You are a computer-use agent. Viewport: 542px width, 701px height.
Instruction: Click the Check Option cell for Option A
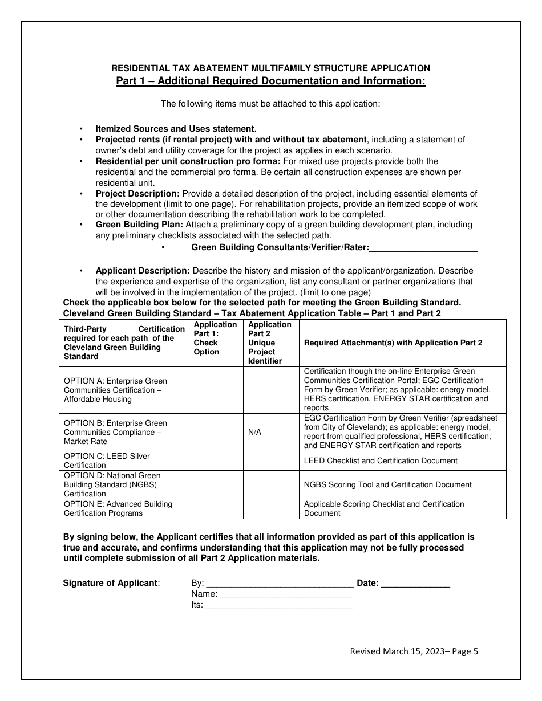pyautogui.click(x=216, y=390)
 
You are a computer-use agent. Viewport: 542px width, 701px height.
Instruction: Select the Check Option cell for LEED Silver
pyautogui.click(x=216, y=460)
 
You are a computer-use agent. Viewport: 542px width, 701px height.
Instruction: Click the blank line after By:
pyautogui.click(x=279, y=584)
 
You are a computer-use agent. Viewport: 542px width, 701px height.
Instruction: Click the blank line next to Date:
pyautogui.click(x=415, y=584)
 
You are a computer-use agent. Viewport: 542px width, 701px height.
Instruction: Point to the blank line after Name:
pyautogui.click(x=286, y=594)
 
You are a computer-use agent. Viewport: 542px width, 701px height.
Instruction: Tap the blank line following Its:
pyautogui.click(x=279, y=606)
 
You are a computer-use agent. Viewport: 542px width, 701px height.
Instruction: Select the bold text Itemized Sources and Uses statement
pyautogui.click(x=176, y=129)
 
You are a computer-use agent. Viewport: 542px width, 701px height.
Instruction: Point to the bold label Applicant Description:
pyautogui.click(x=143, y=271)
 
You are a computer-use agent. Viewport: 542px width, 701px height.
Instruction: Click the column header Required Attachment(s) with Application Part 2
pyautogui.click(x=393, y=343)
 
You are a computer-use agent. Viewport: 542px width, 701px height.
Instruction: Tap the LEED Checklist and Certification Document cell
pyautogui.click(x=381, y=460)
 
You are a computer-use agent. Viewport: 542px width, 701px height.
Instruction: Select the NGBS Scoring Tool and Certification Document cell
pyautogui.click(x=388, y=484)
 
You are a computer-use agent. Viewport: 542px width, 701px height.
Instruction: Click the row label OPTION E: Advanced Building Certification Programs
pyautogui.click(x=118, y=508)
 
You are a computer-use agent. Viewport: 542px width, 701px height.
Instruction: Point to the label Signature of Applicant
pyautogui.click(x=111, y=583)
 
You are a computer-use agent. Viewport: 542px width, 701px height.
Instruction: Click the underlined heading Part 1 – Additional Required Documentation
pyautogui.click(x=270, y=81)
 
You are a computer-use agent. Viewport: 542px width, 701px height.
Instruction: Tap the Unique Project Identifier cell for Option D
pyautogui.click(x=271, y=484)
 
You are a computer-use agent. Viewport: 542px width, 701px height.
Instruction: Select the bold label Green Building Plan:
pyautogui.click(x=139, y=225)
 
